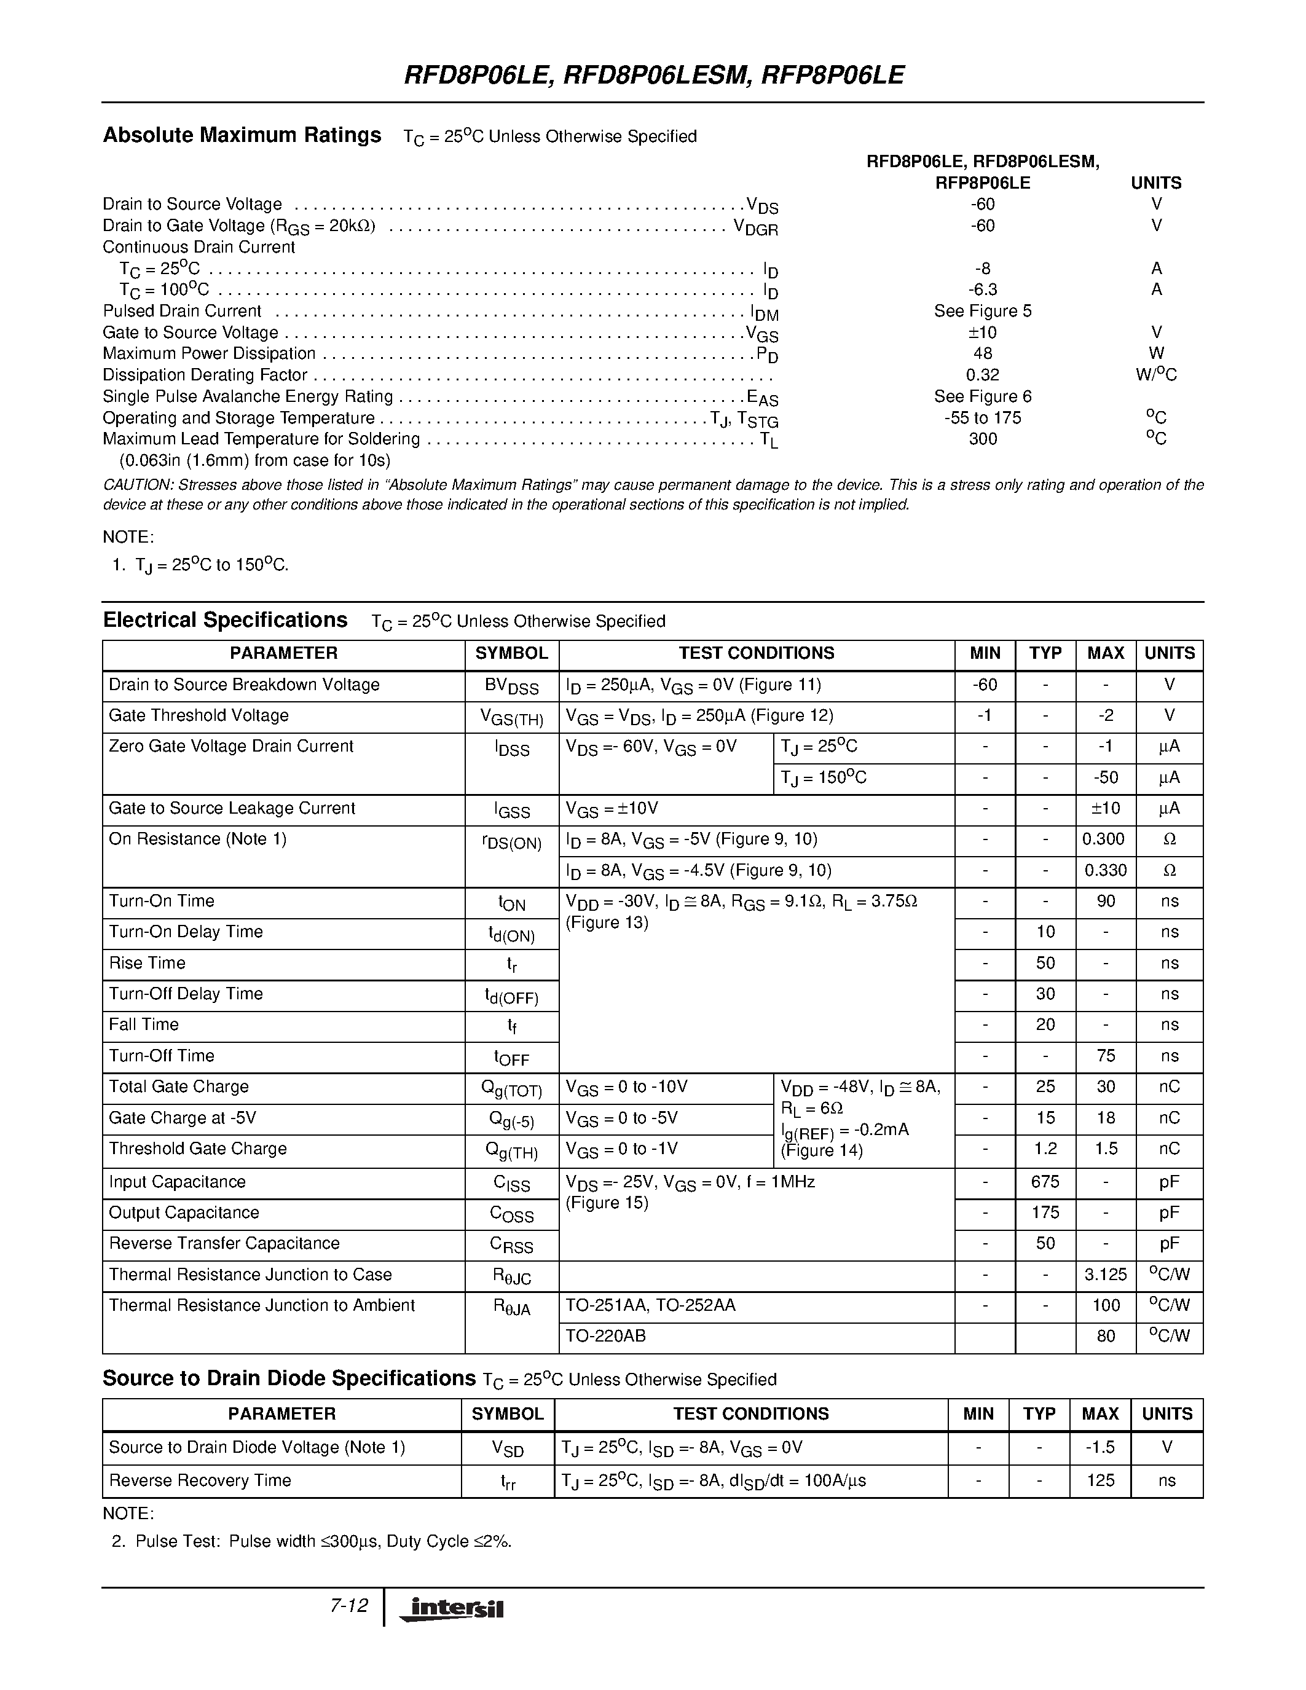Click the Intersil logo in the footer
pyautogui.click(x=452, y=1609)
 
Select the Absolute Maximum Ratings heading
pyautogui.click(x=242, y=135)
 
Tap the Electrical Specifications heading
pyautogui.click(x=225, y=621)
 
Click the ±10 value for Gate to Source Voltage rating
pyautogui.click(x=982, y=332)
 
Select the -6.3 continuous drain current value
pyautogui.click(x=982, y=289)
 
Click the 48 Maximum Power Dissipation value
pyautogui.click(x=982, y=353)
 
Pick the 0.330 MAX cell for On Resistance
pyautogui.click(x=1105, y=871)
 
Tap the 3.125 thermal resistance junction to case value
pyautogui.click(x=1105, y=1275)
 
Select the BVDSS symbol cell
pyautogui.click(x=511, y=686)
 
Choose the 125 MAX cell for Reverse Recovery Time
pyautogui.click(x=1099, y=1480)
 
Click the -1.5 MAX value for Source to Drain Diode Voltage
pyautogui.click(x=1099, y=1447)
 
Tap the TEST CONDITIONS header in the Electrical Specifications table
pyautogui.click(x=756, y=653)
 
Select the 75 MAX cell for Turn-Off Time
pyautogui.click(x=1105, y=1056)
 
